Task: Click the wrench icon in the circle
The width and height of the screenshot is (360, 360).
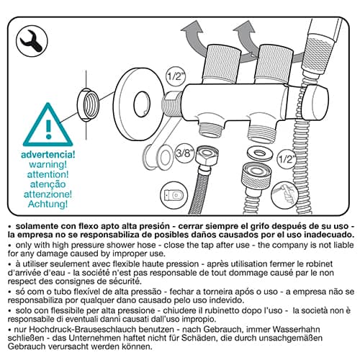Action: coord(32,41)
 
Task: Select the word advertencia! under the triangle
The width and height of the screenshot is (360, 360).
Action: coord(48,155)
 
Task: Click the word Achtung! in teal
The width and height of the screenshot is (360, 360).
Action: coord(48,204)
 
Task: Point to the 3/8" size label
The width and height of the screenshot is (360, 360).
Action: coord(184,153)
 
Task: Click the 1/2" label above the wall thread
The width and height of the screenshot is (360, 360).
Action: coord(176,76)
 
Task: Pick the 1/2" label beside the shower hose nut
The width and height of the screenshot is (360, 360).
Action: coord(287,159)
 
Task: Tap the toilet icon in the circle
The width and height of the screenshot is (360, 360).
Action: coord(174,195)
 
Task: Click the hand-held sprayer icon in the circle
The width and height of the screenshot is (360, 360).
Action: coord(285,195)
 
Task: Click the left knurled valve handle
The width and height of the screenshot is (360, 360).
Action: coord(221,63)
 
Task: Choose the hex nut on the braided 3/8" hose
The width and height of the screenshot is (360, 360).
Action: coord(207,157)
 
